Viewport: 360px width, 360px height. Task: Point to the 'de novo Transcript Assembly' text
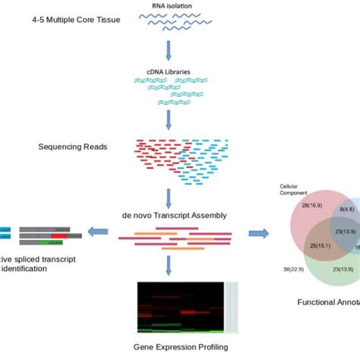click(x=172, y=215)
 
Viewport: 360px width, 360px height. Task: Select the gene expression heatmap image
click(x=181, y=308)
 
